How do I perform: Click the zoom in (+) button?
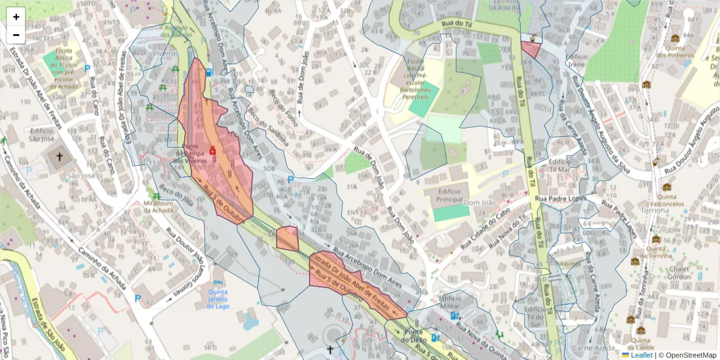[16, 17]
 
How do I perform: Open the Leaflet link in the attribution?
[642, 355]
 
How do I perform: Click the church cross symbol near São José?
[59, 157]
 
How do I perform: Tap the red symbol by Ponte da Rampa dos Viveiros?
[212, 150]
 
